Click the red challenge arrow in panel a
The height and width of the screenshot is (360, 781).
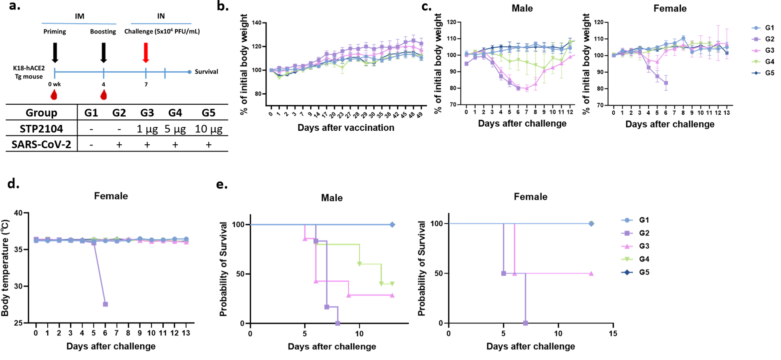pyautogui.click(x=146, y=53)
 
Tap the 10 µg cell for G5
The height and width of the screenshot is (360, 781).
pyautogui.click(x=208, y=129)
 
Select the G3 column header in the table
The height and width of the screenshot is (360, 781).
pyautogui.click(x=147, y=113)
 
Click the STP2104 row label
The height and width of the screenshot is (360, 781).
pyautogui.click(x=41, y=129)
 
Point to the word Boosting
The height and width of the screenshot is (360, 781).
pyautogui.click(x=103, y=32)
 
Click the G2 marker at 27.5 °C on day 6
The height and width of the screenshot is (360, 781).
pyautogui.click(x=105, y=304)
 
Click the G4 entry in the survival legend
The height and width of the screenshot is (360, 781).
pyautogui.click(x=644, y=259)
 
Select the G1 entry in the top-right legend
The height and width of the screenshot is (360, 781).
pyautogui.click(x=769, y=28)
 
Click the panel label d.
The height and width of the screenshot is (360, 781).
pyautogui.click(x=14, y=184)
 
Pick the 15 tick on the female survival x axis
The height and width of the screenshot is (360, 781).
pyautogui.click(x=613, y=334)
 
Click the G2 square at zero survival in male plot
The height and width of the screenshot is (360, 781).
pyautogui.click(x=337, y=323)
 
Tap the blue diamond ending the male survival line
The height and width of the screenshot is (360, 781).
pyautogui.click(x=392, y=225)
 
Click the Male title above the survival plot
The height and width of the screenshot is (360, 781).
pyautogui.click(x=332, y=198)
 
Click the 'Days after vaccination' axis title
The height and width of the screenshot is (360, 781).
pyautogui.click(x=346, y=128)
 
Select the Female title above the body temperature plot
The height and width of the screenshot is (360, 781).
pyautogui.click(x=111, y=196)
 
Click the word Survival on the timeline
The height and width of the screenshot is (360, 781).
pyautogui.click(x=206, y=72)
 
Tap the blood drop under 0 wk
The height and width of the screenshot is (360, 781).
pyautogui.click(x=54, y=95)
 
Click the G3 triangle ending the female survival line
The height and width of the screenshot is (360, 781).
pyautogui.click(x=591, y=274)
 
